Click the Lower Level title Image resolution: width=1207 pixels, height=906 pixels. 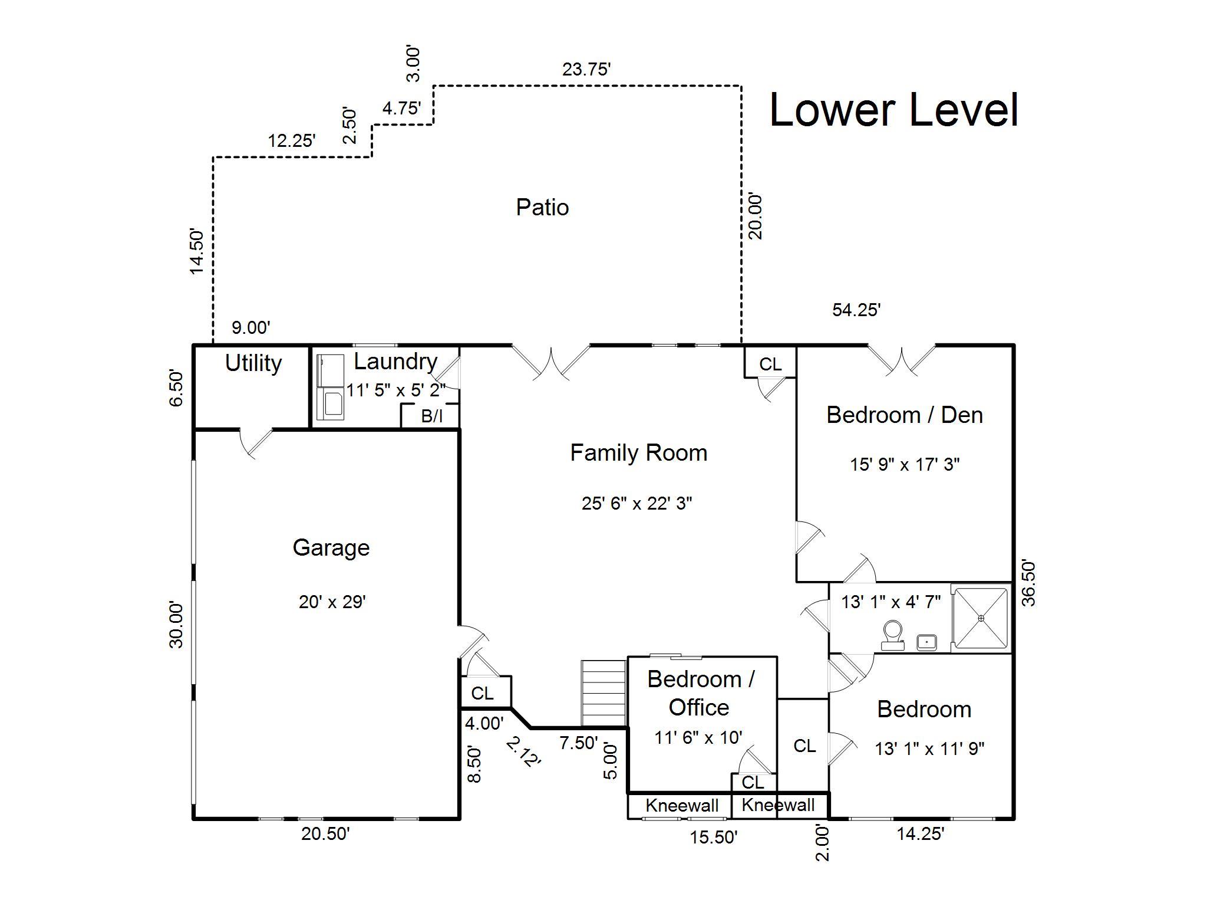pos(894,110)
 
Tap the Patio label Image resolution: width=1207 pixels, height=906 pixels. pos(542,208)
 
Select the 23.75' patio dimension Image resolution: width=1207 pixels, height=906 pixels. pos(586,70)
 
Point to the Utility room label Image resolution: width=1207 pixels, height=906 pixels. pos(253,363)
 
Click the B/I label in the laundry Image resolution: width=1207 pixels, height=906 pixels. pos(432,416)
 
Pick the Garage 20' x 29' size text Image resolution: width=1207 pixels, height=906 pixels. pos(332,602)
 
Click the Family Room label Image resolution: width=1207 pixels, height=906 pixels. pos(639,453)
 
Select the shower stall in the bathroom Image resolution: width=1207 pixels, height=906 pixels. pos(981,618)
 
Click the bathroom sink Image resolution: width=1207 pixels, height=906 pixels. pos(928,642)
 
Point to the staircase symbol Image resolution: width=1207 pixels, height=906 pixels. pos(603,693)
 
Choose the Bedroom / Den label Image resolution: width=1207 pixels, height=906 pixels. pos(905,415)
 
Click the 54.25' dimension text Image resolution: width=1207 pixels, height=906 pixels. pos(856,310)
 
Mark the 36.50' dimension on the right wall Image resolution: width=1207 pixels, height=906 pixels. pos(1028,583)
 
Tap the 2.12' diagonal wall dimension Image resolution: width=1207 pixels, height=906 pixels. pos(523,752)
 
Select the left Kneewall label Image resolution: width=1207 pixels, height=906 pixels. pos(682,806)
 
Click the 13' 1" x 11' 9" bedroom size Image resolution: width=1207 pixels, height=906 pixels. pos(930,749)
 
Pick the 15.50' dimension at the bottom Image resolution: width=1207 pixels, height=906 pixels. pos(714,837)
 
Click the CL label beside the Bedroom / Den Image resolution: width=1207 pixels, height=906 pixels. pos(770,365)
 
